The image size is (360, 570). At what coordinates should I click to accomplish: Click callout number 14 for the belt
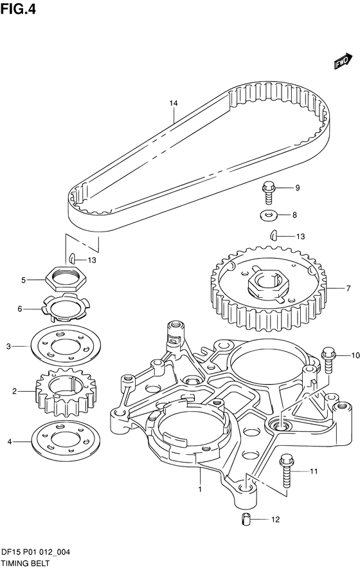pos(174,103)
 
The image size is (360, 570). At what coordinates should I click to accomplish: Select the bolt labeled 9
pos(267,192)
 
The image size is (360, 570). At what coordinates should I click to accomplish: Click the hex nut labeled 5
pos(66,279)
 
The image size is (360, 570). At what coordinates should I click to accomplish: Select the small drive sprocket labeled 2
pos(66,392)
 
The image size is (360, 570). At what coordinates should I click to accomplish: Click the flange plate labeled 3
pos(66,346)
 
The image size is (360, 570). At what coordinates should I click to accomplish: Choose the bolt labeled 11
pos(286,471)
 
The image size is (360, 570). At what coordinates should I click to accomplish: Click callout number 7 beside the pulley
pos(348,288)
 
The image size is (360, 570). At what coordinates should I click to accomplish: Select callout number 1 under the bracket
pos(200,489)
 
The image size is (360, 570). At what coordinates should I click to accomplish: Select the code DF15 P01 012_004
pos(35,553)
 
